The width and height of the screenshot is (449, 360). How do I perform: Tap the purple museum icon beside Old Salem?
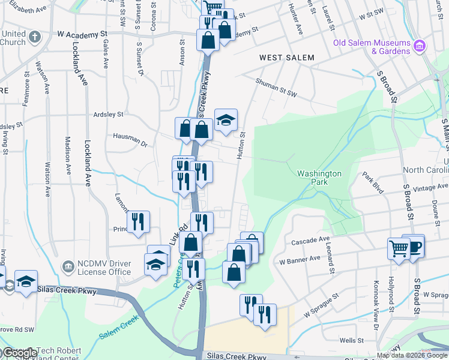[x=419, y=46]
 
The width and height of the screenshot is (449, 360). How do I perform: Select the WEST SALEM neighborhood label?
[x=286, y=58]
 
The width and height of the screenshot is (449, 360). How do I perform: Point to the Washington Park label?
[x=319, y=178]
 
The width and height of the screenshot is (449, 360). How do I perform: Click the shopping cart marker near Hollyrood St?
[x=399, y=248]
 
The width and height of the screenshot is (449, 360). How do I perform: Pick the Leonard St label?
[x=331, y=263]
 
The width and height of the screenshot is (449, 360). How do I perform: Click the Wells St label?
[x=348, y=340]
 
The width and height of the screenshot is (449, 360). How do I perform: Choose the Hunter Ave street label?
[x=296, y=18]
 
